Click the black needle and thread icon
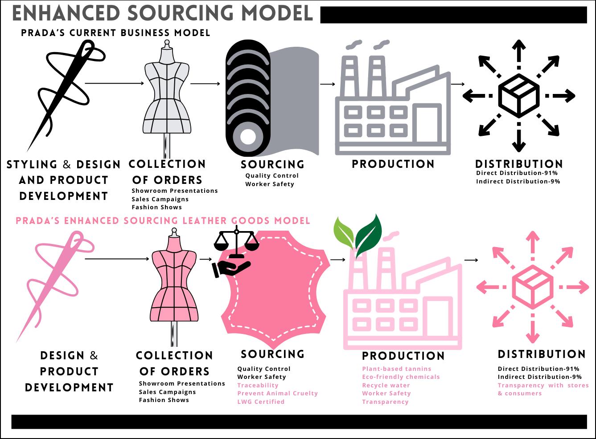coord(67,89)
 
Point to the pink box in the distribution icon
coord(533,287)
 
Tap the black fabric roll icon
coord(247,98)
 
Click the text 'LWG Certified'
coord(261,402)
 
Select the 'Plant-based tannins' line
coord(397,369)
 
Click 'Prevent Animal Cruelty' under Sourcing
coord(277,393)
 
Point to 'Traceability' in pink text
coord(258,385)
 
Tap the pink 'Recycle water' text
coord(386,385)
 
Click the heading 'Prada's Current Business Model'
coord(115,33)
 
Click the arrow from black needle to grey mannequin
coord(114,83)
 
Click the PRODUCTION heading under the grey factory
coord(393,164)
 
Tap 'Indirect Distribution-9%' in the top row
coord(518,181)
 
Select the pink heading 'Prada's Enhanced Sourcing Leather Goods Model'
coord(163,221)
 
